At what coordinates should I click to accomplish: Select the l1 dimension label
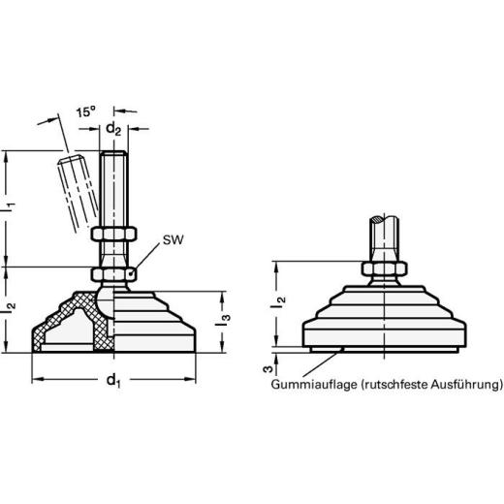[x=11, y=205]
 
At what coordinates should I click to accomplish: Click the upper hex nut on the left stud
[x=114, y=234]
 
